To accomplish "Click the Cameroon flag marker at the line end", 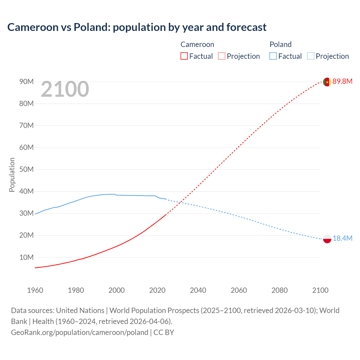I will pyautogui.click(x=327, y=82).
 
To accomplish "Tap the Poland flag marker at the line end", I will pyautogui.click(x=327, y=239).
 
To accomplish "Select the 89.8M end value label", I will pyautogui.click(x=342, y=82).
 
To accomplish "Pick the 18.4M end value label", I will pyautogui.click(x=342, y=238).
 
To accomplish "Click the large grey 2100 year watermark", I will pyautogui.click(x=65, y=89).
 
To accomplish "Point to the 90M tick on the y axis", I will pyautogui.click(x=26, y=82).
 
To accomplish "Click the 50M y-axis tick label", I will pyautogui.click(x=26, y=170).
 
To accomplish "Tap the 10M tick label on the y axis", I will pyautogui.click(x=26, y=257).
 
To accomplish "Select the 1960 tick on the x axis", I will pyautogui.click(x=35, y=290).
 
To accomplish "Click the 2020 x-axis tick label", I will pyautogui.click(x=157, y=290).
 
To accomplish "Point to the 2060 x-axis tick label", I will pyautogui.click(x=239, y=290).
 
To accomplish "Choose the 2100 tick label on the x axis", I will pyautogui.click(x=320, y=290).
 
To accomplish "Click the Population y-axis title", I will pyautogui.click(x=12, y=175).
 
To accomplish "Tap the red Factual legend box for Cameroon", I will pyautogui.click(x=184, y=56).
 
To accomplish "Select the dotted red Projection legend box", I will pyautogui.click(x=222, y=56).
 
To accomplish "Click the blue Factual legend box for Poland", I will pyautogui.click(x=273, y=56).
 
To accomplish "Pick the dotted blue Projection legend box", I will pyautogui.click(x=311, y=56).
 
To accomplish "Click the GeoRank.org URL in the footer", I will pyautogui.click(x=80, y=332).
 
